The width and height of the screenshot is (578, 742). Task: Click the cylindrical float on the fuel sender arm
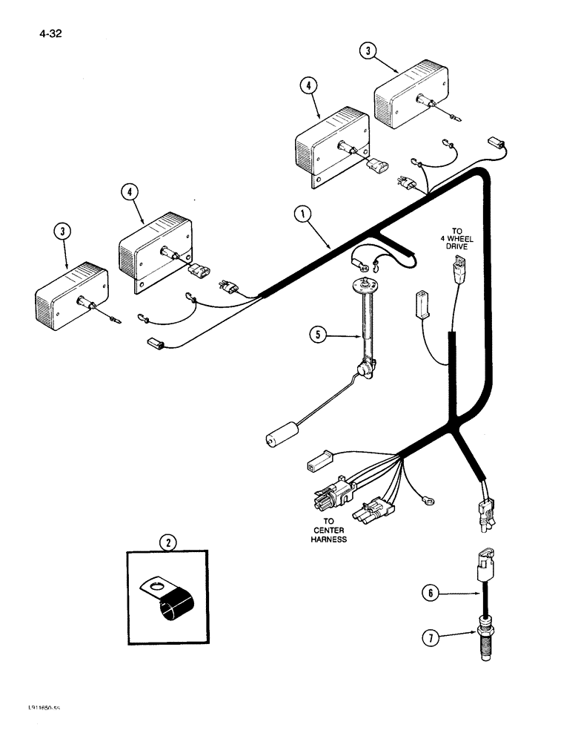coord(282,435)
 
